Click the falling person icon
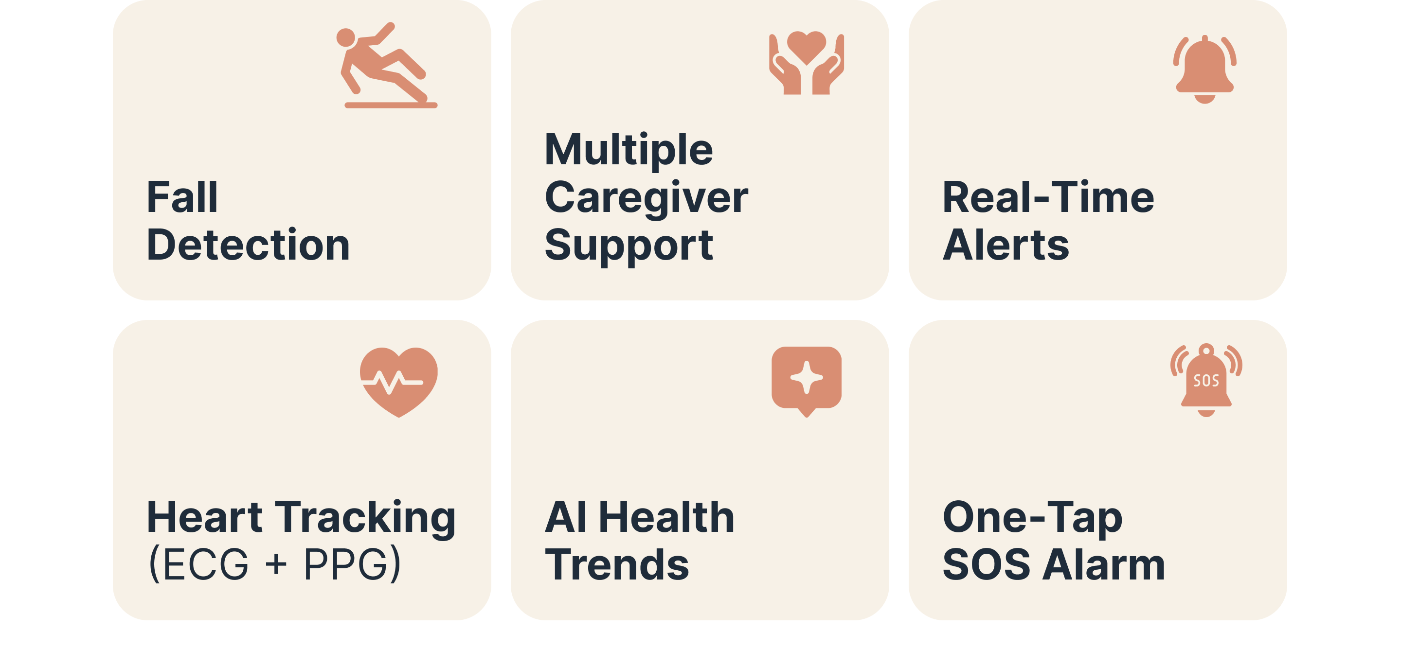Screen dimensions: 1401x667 (387, 65)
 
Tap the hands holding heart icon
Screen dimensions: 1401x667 (806, 63)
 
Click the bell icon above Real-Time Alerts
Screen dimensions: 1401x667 (1204, 69)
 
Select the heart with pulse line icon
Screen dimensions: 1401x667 (399, 382)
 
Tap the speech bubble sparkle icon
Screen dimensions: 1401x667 (806, 381)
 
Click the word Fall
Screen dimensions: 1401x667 (182, 197)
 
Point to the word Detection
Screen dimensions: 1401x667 (248, 245)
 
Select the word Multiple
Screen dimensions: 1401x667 (628, 150)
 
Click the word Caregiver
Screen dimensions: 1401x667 (646, 198)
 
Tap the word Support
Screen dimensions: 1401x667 (628, 246)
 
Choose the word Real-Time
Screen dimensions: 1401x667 (1048, 197)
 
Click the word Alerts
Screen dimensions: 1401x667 (1006, 245)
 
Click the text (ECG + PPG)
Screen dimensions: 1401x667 (274, 565)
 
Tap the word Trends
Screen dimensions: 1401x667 (617, 565)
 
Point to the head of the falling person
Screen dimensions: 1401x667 (346, 38)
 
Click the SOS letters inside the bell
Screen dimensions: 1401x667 (1206, 381)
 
